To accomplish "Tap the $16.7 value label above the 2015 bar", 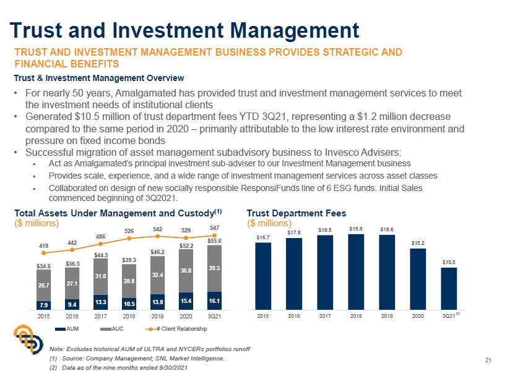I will pos(263,237).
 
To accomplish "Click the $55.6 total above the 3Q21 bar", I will pos(214,241).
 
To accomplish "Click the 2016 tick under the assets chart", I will pos(72,315).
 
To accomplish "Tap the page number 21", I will pos(488,360).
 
